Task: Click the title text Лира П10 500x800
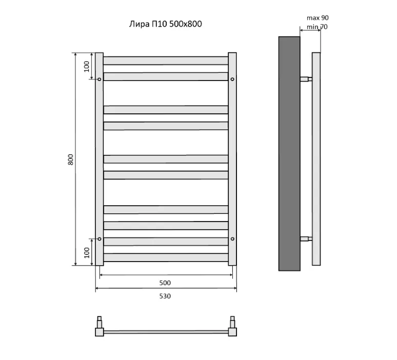point(165,24)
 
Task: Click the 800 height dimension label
point(71,159)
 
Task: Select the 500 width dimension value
point(165,283)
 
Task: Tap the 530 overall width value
point(165,296)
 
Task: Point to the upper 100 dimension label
point(87,66)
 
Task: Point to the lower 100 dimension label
point(87,253)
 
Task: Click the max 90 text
point(317,18)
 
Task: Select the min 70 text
point(317,27)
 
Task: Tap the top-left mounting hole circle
point(100,79)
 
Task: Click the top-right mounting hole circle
point(232,79)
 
